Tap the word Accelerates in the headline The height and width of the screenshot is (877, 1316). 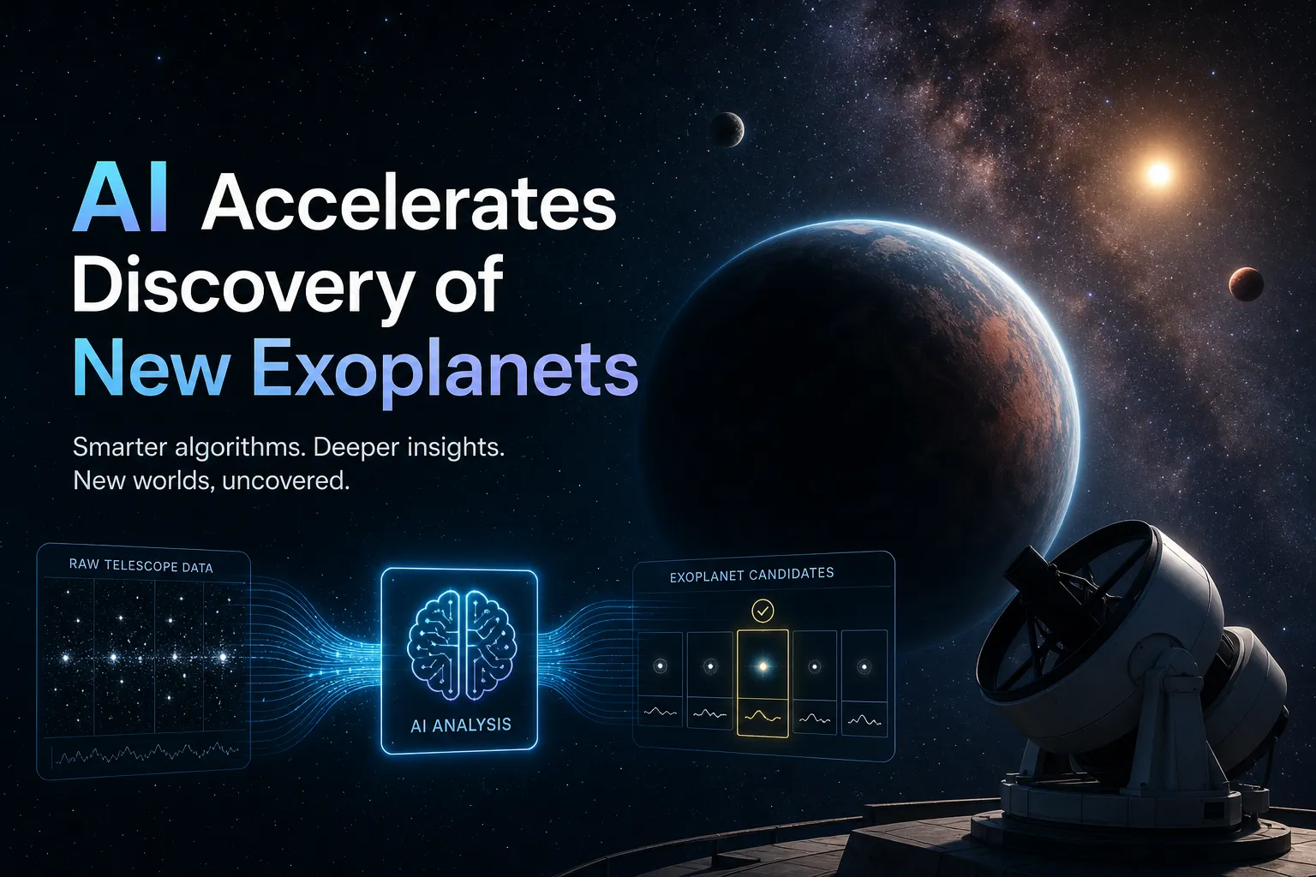[409, 203]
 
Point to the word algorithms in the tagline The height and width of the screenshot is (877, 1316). [240, 448]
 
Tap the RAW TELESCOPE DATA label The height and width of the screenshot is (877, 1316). [141, 566]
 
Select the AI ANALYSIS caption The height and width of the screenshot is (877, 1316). [461, 725]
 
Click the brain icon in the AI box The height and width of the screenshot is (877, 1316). [462, 644]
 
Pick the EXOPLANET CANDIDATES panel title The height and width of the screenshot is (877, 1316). [751, 575]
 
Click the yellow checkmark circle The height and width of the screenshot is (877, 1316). [763, 611]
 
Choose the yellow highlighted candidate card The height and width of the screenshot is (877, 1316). [763, 683]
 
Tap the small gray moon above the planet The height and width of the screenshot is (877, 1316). [727, 129]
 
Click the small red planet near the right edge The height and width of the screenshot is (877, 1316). [1246, 284]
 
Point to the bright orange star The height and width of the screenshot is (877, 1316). [1158, 173]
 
